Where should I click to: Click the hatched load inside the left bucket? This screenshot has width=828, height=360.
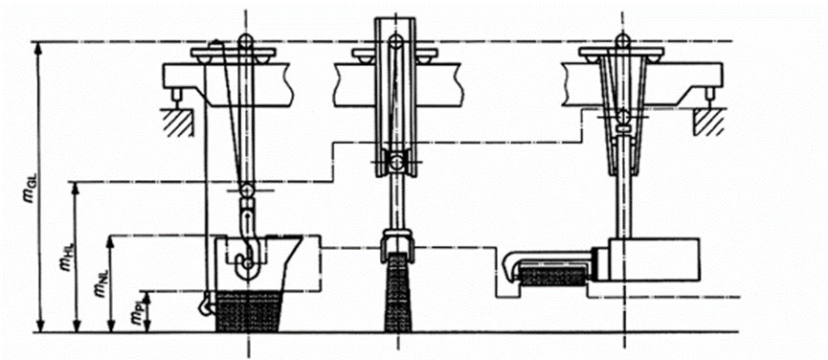(x=248, y=312)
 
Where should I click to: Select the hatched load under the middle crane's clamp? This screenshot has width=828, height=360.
(x=396, y=293)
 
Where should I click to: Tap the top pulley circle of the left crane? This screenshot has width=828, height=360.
(x=245, y=40)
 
